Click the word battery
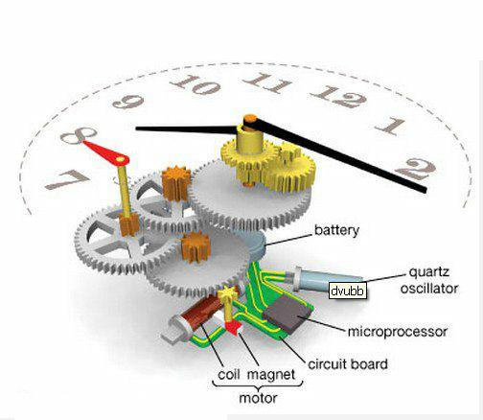[336, 230]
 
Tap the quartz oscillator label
[429, 280]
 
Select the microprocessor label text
[398, 332]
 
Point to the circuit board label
[348, 364]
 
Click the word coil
[229, 374]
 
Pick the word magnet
[271, 375]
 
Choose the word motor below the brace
[258, 398]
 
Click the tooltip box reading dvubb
[348, 291]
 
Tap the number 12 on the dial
[338, 97]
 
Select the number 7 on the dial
[67, 179]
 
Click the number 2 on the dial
[415, 169]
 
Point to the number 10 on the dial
[195, 84]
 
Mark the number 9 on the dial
[128, 102]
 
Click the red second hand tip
[84, 142]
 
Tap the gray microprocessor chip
[287, 313]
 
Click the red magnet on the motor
[233, 327]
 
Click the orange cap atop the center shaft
[251, 119]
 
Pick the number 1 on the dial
[390, 126]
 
